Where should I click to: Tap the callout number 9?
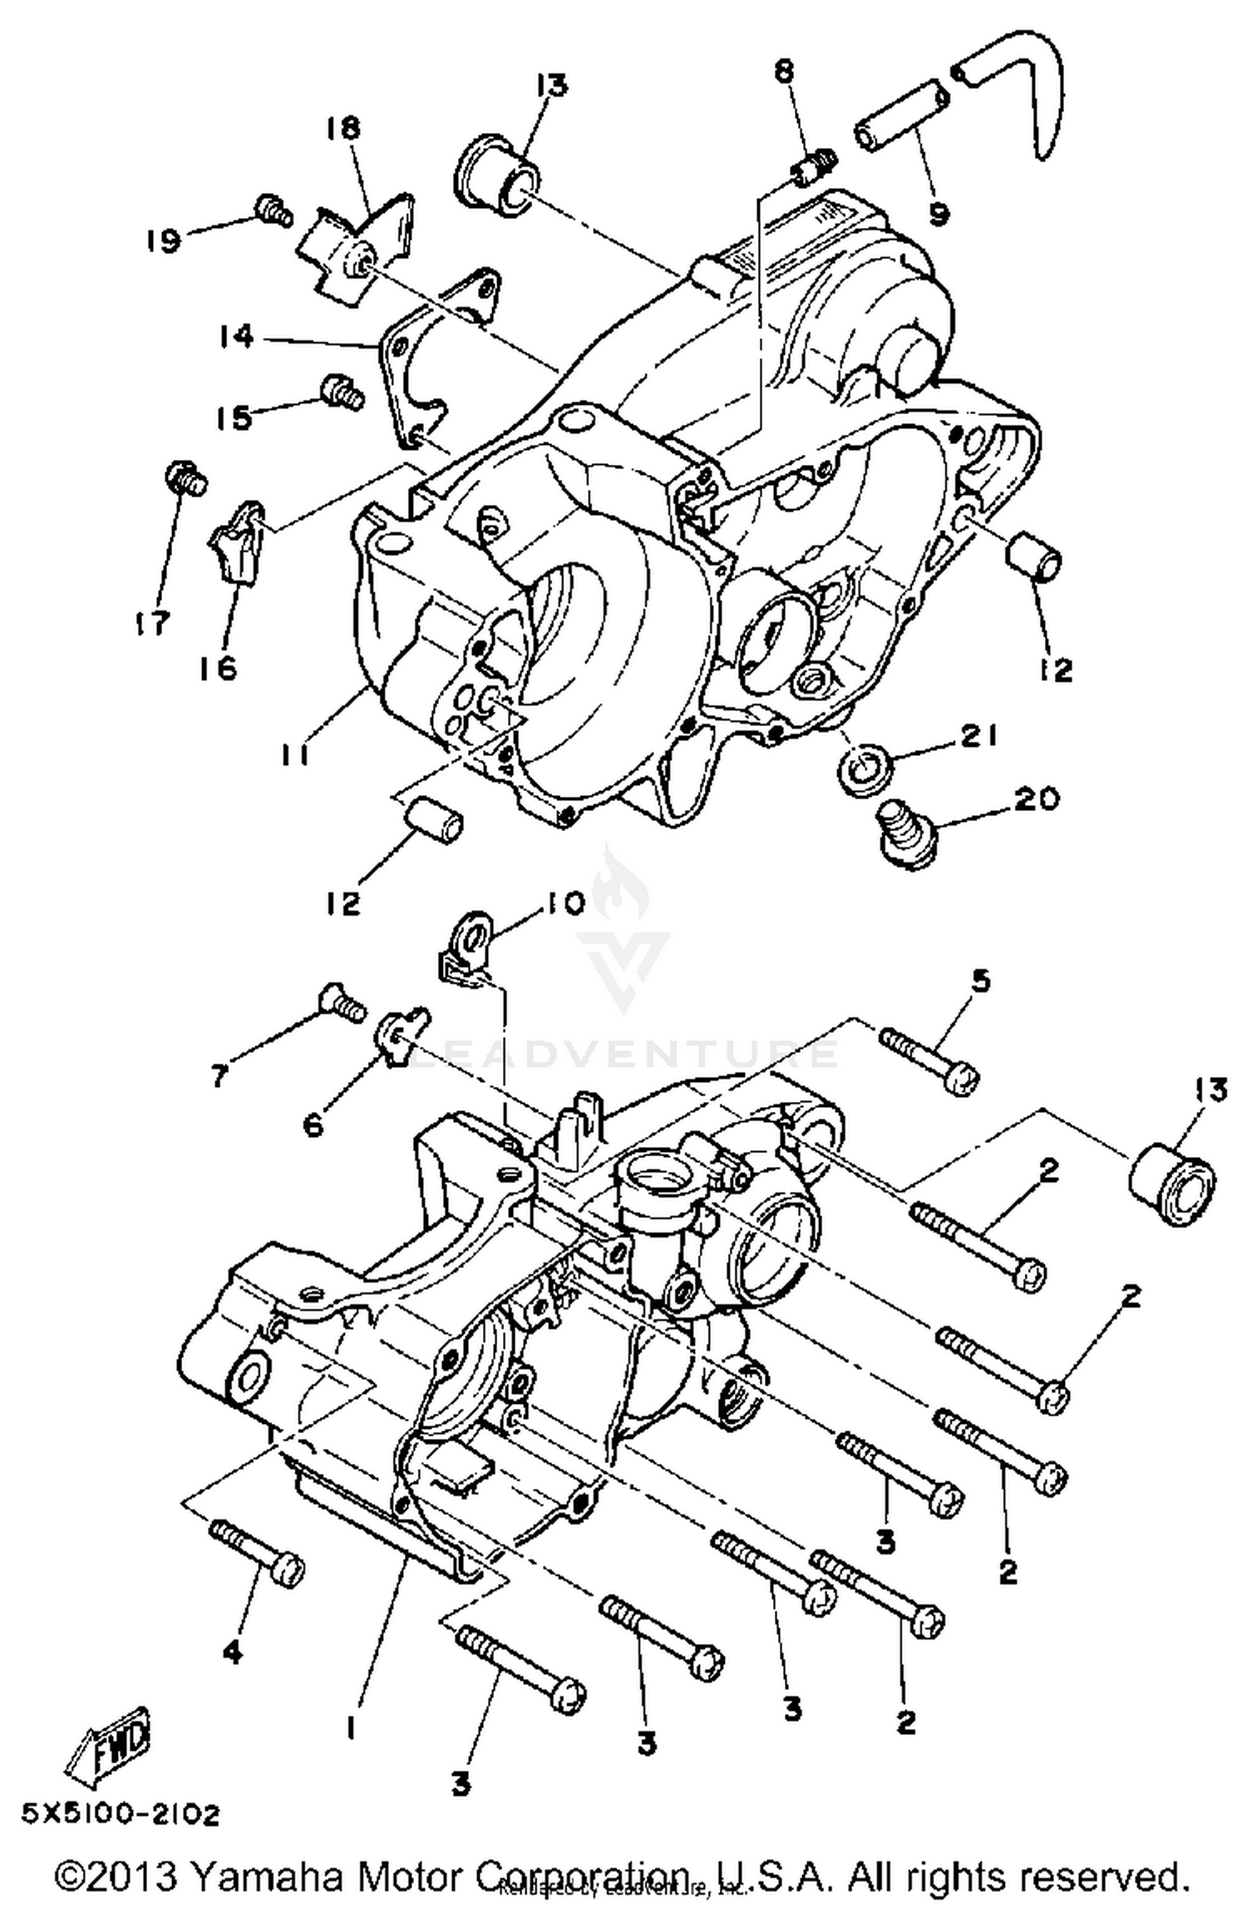coord(938,215)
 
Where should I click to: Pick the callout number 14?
coord(236,338)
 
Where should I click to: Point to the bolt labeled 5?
coord(929,1056)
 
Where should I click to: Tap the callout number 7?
coord(219,1076)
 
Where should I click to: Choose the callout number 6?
coord(313,1126)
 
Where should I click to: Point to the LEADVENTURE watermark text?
coord(623,1055)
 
